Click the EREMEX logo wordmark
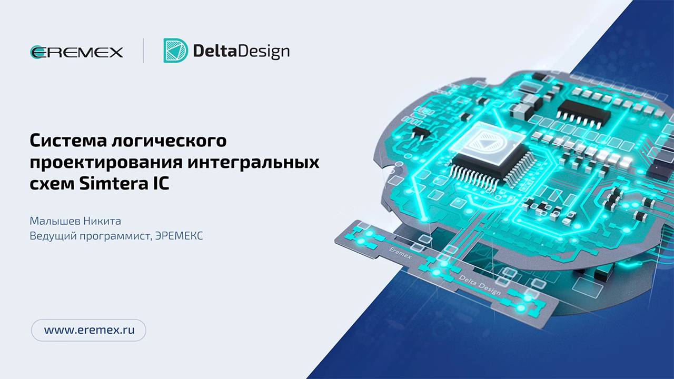pos(77,52)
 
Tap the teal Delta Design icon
pos(175,51)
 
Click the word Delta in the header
pos(213,51)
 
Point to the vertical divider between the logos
pos(144,51)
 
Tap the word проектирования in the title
pos(106,163)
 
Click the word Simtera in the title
pos(111,184)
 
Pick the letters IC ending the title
pos(158,184)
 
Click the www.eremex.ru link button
pos(88,330)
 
